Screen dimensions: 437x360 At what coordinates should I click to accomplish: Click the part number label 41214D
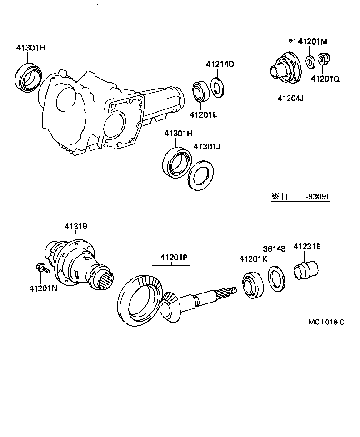[220, 64]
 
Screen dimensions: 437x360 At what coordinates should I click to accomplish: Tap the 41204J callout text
[290, 97]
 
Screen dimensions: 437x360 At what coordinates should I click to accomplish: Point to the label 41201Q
[325, 79]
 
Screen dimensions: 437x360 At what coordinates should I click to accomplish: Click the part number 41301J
[207, 147]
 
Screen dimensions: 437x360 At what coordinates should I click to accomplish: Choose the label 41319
[75, 226]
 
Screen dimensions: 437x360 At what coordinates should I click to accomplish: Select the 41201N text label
[43, 288]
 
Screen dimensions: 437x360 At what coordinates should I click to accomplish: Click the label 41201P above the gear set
[174, 258]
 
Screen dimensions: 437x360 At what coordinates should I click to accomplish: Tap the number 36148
[275, 249]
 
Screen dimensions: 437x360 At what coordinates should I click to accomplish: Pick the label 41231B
[307, 247]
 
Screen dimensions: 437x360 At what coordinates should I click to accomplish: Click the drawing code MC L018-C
[326, 322]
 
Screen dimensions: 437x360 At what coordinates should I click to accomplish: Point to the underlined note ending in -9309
[300, 197]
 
